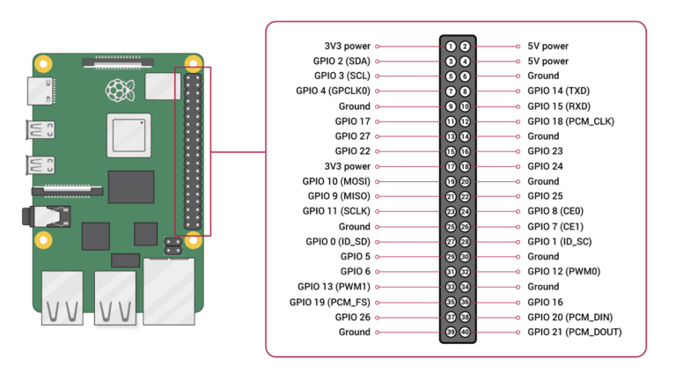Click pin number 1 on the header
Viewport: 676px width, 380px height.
pos(451,47)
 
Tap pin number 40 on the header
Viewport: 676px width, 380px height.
pos(465,332)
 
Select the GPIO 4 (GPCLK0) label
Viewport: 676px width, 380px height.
pos(333,91)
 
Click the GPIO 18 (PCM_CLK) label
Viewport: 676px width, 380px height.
pos(570,121)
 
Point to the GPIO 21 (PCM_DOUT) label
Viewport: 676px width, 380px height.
pos(575,332)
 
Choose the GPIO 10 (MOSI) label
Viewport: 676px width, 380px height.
pos(336,181)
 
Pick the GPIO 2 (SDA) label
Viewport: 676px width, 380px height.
pos(342,62)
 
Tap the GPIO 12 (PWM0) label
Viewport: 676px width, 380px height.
pos(564,272)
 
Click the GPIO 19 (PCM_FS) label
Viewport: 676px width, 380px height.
pos(330,302)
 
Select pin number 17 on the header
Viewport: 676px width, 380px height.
pos(451,167)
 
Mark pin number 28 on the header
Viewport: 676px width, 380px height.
pos(465,242)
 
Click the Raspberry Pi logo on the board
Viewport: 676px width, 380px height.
pos(121,90)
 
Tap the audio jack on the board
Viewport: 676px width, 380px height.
pos(46,216)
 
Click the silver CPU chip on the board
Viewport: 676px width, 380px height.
pos(129,135)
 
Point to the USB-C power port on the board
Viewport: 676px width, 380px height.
pos(41,91)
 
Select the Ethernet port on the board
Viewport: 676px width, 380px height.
pos(169,291)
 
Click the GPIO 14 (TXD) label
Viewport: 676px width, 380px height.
pos(559,91)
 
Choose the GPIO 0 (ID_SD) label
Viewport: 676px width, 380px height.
pos(338,242)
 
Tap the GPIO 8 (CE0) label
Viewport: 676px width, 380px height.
pos(555,211)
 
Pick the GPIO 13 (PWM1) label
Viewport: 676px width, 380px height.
pos(334,287)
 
